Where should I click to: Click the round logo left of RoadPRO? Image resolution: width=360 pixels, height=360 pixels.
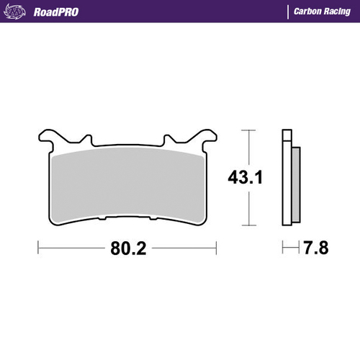tap(19, 12)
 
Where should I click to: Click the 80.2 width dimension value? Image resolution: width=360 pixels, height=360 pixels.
tap(128, 249)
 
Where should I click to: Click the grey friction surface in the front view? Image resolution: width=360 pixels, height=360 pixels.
tap(128, 180)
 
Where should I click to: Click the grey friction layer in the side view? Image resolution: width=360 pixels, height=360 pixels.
tap(295, 180)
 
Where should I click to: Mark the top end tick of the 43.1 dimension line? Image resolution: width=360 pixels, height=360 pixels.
tap(248, 130)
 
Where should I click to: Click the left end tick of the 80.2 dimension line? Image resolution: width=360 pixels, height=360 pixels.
tap(37, 249)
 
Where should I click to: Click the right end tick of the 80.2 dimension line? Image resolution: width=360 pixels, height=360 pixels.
tap(217, 249)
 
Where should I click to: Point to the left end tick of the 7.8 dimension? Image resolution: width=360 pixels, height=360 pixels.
tap(282, 249)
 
